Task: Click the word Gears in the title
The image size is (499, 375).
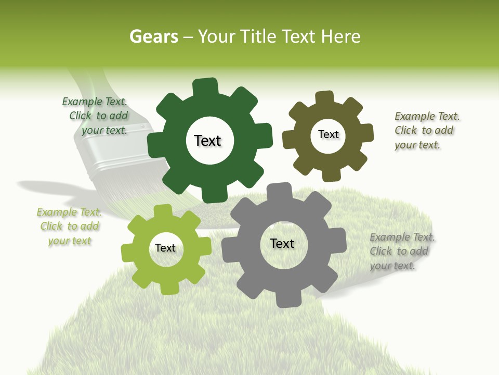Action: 154,36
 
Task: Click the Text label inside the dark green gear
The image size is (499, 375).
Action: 207,141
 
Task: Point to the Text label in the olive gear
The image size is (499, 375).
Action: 328,134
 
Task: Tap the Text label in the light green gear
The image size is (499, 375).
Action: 165,248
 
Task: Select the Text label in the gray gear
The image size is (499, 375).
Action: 282,243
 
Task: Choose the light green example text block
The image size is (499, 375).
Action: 69,227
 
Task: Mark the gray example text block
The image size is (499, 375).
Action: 401,252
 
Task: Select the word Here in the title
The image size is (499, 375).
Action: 341,36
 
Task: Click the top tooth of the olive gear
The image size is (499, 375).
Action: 325,98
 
